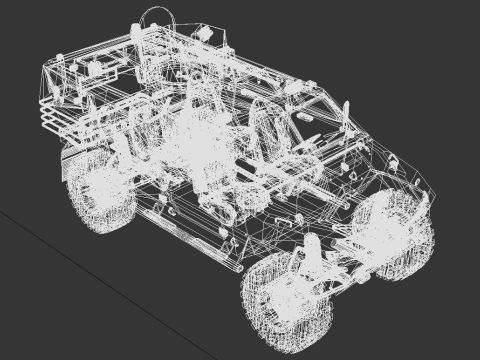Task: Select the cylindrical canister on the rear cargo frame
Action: click(x=94, y=70)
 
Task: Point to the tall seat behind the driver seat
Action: click(x=195, y=105)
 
